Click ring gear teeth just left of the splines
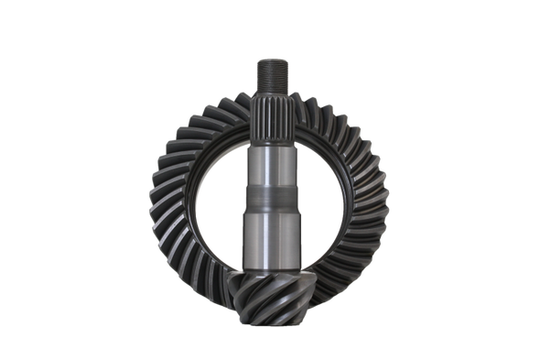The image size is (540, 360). tap(233, 109)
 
